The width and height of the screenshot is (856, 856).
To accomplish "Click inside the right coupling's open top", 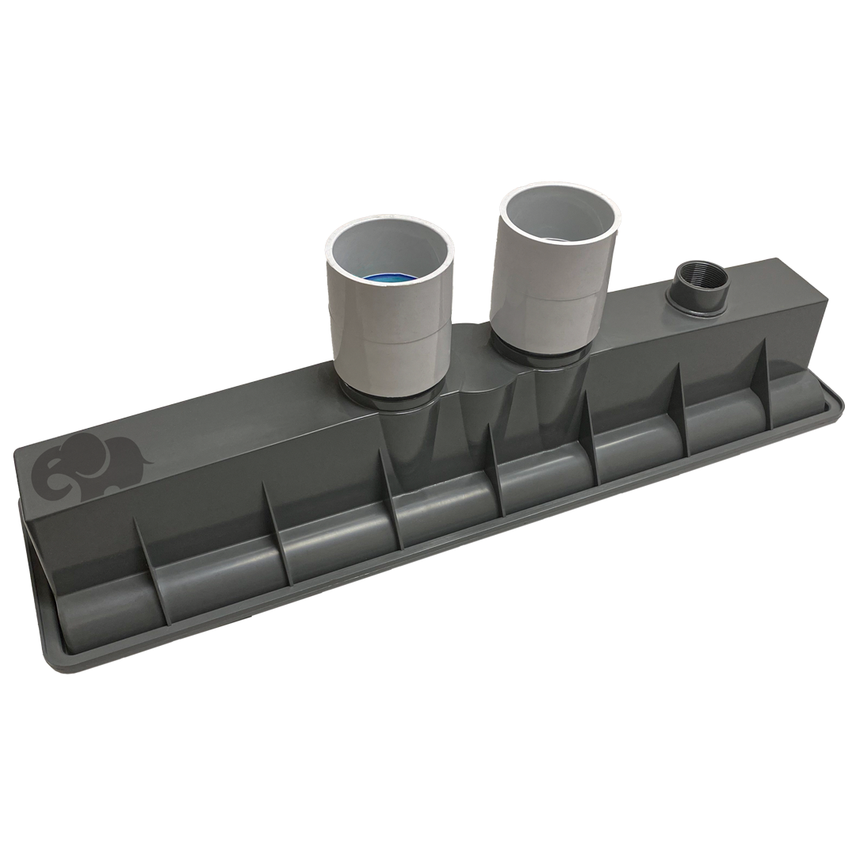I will coord(558,214).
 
